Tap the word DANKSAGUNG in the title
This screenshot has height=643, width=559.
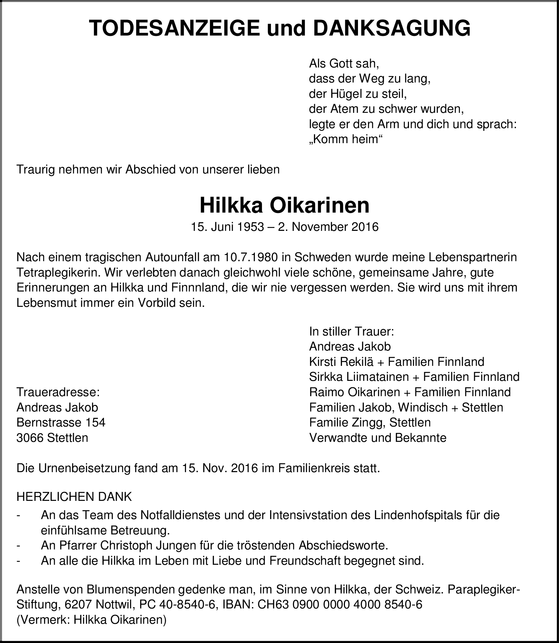(x=392, y=28)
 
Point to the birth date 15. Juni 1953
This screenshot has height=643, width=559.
(x=227, y=227)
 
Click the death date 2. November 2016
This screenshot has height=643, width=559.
(x=328, y=227)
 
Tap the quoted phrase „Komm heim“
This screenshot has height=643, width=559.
(x=346, y=140)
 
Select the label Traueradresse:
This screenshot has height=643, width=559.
(x=58, y=392)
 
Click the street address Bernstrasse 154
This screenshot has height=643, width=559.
(x=61, y=423)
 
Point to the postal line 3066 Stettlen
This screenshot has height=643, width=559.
(x=52, y=438)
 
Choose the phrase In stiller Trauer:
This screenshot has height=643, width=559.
(x=352, y=332)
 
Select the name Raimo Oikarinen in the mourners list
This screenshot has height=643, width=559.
(x=354, y=392)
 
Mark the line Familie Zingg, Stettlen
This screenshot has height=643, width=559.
(x=370, y=423)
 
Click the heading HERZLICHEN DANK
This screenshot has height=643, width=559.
(x=74, y=497)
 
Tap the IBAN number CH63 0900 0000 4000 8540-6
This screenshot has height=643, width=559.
(x=340, y=605)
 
